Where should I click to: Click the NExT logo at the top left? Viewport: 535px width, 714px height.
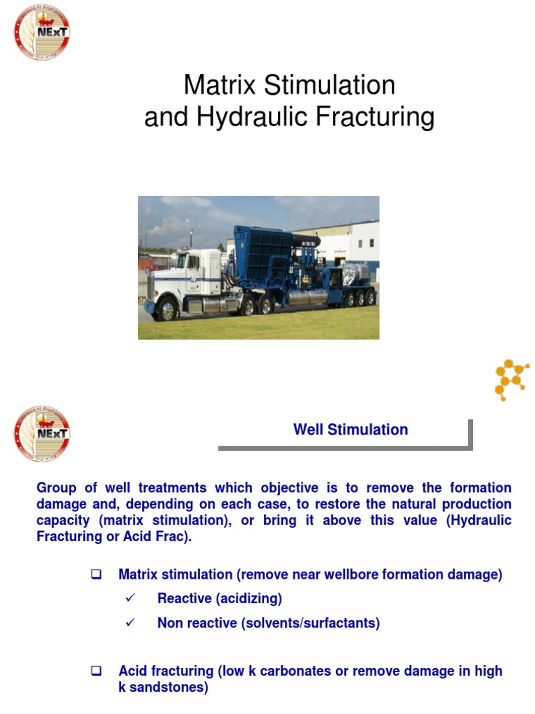[42, 32]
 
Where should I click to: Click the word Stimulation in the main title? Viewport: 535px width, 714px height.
[330, 85]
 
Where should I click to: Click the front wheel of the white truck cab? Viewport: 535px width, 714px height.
[168, 307]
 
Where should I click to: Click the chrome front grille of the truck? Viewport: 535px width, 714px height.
[151, 286]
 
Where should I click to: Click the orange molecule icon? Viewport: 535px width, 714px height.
[511, 379]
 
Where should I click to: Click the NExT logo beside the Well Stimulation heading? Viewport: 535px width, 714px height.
[42, 434]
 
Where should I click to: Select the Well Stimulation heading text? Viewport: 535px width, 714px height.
[350, 430]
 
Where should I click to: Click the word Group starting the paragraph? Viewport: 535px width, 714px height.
[56, 487]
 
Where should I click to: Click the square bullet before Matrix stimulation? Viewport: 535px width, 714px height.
[97, 575]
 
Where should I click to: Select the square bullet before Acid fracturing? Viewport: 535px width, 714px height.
[97, 671]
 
